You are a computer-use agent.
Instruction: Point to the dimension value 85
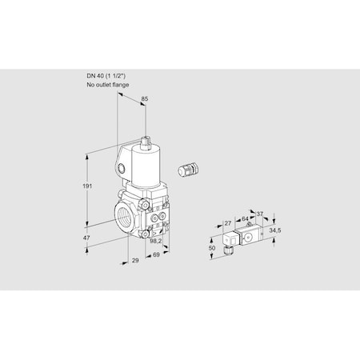coord(144,99)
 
